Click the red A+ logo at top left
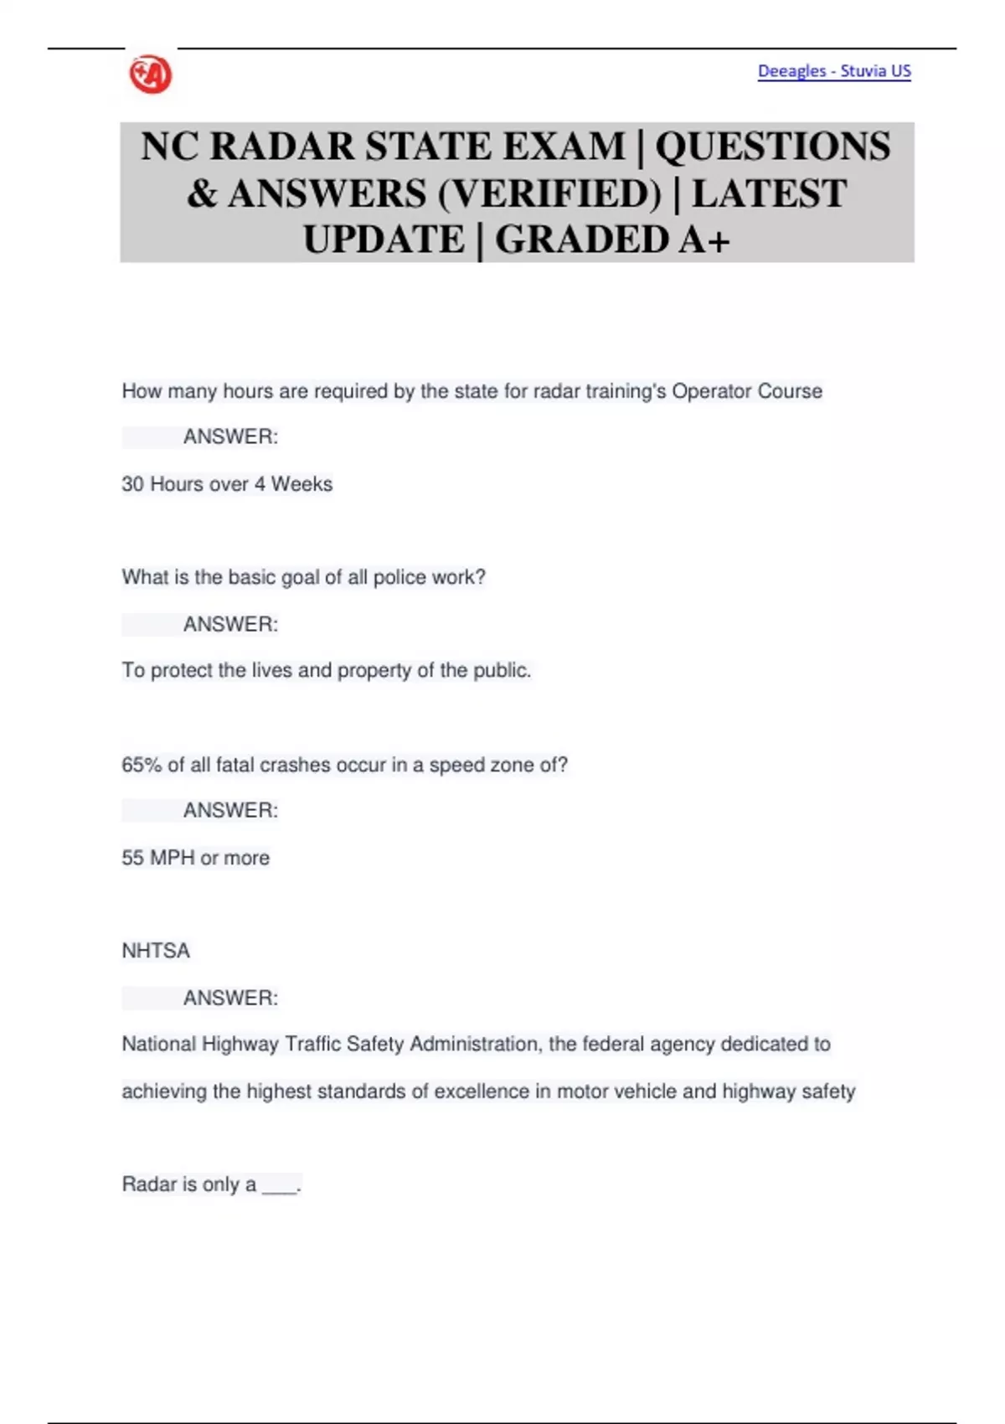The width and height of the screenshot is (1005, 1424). (x=151, y=75)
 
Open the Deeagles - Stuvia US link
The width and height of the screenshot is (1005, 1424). (x=834, y=71)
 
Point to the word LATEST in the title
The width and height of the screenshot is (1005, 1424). (x=769, y=193)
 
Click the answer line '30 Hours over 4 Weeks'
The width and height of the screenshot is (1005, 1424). (x=227, y=484)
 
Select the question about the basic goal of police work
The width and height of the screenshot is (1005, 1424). (x=303, y=577)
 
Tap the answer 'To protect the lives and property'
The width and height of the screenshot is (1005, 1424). (x=327, y=670)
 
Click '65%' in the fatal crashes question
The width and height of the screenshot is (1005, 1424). (x=141, y=765)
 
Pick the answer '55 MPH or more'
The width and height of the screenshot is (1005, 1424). (x=196, y=858)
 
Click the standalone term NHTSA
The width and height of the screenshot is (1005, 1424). (x=156, y=951)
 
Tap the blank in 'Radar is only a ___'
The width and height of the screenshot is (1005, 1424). (x=280, y=1186)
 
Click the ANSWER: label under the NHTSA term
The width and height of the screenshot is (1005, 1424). (x=230, y=998)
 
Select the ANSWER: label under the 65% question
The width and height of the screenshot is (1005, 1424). (x=230, y=810)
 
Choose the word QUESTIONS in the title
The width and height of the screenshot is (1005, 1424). (x=772, y=147)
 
